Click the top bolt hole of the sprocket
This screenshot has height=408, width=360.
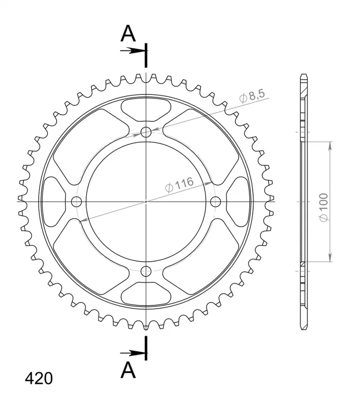pyautogui.click(x=146, y=132)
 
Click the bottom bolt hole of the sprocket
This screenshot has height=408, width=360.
pyautogui.click(x=146, y=271)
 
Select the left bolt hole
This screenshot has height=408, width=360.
pyautogui.click(x=76, y=201)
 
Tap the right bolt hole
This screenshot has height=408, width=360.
pyautogui.click(x=216, y=201)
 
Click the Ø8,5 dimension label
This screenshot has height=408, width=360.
pyautogui.click(x=252, y=96)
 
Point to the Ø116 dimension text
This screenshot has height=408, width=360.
pyautogui.click(x=179, y=185)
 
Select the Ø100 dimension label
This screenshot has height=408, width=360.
pyautogui.click(x=324, y=208)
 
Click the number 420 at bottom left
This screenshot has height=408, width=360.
pyautogui.click(x=39, y=378)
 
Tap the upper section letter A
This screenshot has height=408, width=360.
pyautogui.click(x=128, y=34)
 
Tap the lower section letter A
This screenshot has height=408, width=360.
pyautogui.click(x=128, y=370)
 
